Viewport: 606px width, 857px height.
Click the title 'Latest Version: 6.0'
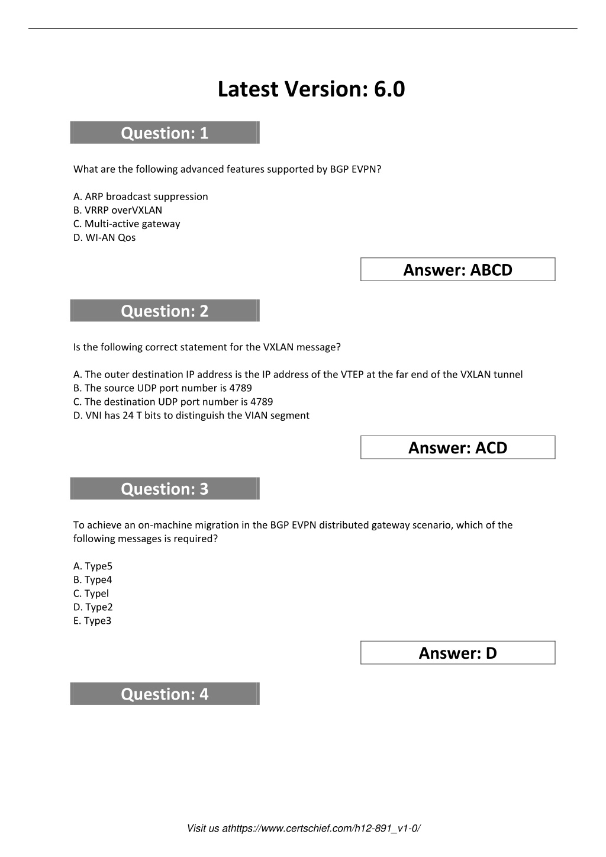coord(311,89)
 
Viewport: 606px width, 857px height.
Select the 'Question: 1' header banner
coord(165,133)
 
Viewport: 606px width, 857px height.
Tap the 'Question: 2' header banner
coord(165,311)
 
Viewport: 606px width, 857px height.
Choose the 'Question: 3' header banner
coord(165,489)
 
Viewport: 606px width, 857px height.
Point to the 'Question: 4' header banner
coord(165,694)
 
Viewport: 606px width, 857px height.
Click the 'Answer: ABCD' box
coord(457,270)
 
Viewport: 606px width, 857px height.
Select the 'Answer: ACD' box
coord(457,447)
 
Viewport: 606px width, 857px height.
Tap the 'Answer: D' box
coord(457,653)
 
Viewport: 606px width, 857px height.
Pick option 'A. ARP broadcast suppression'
coord(141,196)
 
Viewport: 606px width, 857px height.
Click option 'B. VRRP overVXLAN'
coord(118,210)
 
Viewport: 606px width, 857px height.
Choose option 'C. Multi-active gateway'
coord(127,224)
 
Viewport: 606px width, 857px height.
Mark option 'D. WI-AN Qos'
coord(105,237)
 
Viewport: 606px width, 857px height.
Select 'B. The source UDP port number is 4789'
coord(163,388)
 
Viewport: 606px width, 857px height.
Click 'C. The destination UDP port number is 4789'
coord(173,402)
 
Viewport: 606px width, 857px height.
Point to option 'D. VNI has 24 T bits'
coord(191,415)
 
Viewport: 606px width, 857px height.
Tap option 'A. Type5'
coord(93,566)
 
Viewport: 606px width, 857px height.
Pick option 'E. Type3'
coord(92,621)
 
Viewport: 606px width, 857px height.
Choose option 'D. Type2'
coord(93,607)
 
